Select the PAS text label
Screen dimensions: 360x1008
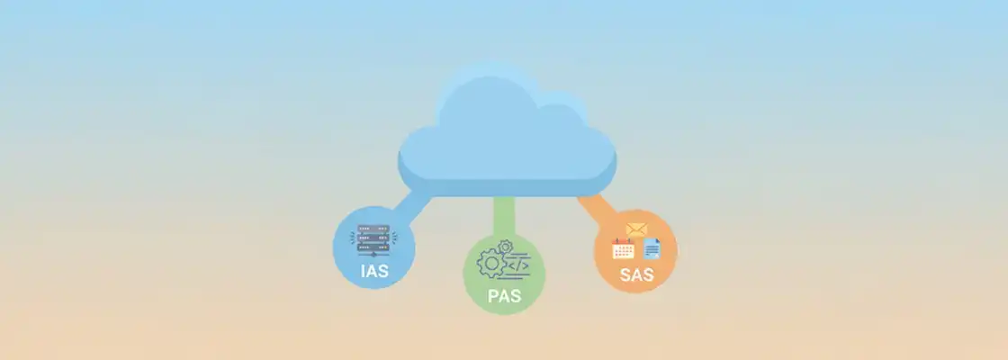tap(504, 294)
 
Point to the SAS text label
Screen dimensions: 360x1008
tap(635, 275)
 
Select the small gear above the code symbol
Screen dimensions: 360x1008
tap(505, 246)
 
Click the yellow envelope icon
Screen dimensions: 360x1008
tap(636, 230)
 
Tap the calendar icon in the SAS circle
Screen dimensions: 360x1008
tap(623, 249)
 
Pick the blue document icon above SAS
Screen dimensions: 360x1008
tap(652, 247)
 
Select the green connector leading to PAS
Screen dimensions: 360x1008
tap(504, 214)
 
